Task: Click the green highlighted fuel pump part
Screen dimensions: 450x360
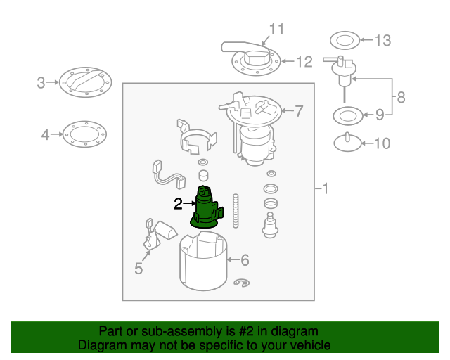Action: point(206,207)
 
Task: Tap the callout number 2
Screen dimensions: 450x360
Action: point(178,203)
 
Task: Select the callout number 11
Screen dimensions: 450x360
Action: point(276,29)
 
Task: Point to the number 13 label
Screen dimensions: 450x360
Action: point(382,41)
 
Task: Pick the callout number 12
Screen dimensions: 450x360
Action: point(304,62)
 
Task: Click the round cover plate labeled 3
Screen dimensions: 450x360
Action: point(86,82)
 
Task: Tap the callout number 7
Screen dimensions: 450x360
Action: point(299,111)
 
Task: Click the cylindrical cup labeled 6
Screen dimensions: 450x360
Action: point(203,263)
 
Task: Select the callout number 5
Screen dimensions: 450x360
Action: point(139,269)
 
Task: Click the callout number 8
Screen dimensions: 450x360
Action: point(401,97)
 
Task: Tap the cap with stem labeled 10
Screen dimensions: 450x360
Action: point(347,143)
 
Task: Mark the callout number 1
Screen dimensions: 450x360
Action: point(325,188)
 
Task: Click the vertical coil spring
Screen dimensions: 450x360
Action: point(236,211)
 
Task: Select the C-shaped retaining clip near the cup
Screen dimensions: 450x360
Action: point(242,283)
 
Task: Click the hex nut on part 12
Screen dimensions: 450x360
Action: point(257,58)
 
